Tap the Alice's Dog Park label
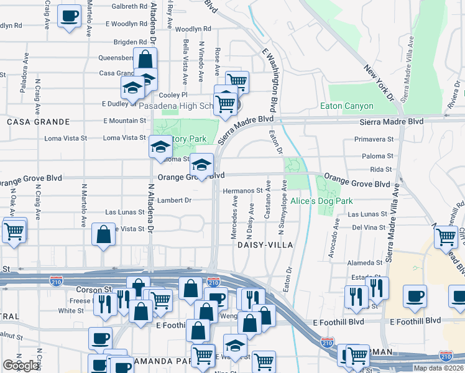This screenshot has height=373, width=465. point(321,201)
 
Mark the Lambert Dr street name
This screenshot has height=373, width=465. point(174,200)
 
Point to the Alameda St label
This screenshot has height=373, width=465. point(365,263)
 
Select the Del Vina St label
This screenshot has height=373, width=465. point(369,228)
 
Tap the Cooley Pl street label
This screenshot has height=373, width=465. point(173,95)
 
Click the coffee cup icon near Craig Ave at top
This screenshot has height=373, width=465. point(70,16)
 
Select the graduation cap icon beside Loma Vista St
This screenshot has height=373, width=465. point(160,148)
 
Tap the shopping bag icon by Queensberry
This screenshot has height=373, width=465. point(145,60)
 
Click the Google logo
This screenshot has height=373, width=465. point(21,366)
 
